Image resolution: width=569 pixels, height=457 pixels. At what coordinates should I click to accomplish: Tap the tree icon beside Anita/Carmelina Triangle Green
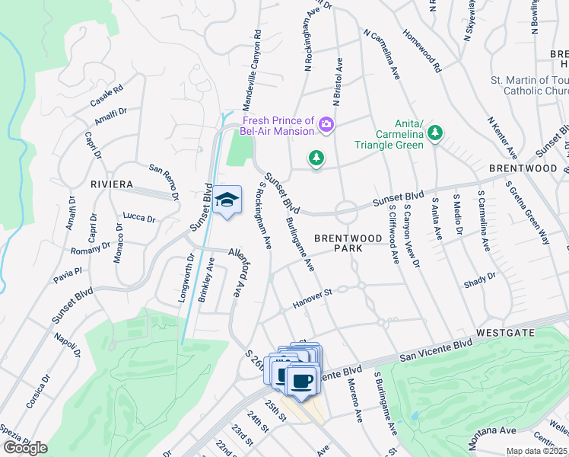(x=434, y=134)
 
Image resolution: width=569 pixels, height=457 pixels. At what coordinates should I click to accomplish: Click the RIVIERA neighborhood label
(x=111, y=185)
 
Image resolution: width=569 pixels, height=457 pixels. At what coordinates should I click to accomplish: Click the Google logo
(x=25, y=448)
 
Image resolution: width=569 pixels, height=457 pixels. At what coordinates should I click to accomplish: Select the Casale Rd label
(x=106, y=96)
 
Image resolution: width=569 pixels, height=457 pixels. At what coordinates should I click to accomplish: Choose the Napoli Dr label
(x=67, y=345)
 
